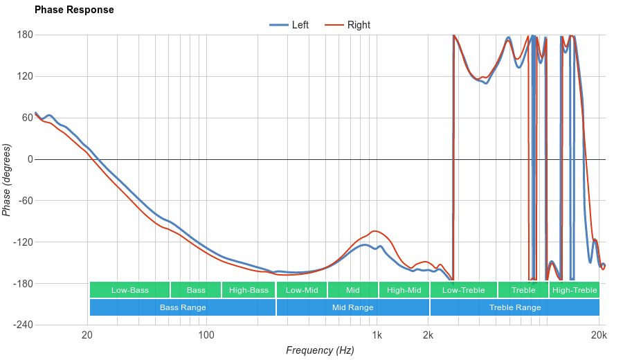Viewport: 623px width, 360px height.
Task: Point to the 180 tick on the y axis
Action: (25, 35)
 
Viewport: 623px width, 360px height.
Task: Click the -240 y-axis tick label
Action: (23, 325)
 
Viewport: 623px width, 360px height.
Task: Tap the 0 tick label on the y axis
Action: (30, 159)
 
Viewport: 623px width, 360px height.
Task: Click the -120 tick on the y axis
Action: (23, 242)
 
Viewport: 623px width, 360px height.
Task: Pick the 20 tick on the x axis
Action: (87, 336)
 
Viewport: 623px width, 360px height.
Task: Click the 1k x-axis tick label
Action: (377, 336)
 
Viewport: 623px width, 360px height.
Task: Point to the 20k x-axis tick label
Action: (599, 336)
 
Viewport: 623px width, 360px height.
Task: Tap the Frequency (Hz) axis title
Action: (320, 350)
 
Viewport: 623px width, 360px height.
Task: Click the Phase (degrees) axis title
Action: (7, 180)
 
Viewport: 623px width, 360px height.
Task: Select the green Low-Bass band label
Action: (129, 290)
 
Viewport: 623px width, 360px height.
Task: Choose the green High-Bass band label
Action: (249, 290)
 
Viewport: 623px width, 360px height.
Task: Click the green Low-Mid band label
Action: (302, 290)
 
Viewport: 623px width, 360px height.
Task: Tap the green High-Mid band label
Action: (404, 290)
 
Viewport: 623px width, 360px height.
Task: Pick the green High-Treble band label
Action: (575, 290)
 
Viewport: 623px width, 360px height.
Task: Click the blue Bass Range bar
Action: (183, 307)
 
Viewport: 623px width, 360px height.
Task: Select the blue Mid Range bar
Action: (352, 307)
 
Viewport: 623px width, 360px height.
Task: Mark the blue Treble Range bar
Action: (515, 307)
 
